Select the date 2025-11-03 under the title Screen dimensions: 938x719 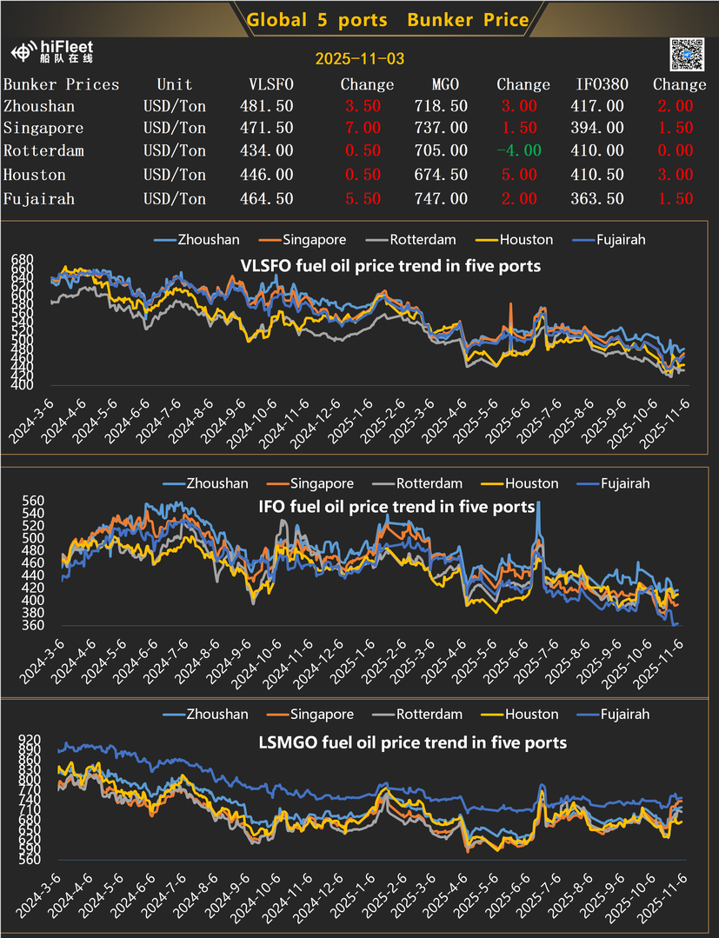point(359,60)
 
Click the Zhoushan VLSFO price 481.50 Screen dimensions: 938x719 point(266,106)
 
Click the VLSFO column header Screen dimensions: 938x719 point(271,84)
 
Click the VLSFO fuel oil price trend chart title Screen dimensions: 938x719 point(389,265)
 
